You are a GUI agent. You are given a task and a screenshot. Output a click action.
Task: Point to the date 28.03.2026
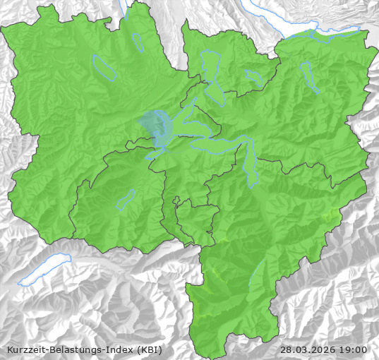pyautogui.click(x=308, y=349)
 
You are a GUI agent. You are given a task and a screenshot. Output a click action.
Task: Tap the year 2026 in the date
pyautogui.click(x=323, y=349)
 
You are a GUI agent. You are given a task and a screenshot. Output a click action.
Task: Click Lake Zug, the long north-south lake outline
pyautogui.click(x=211, y=73)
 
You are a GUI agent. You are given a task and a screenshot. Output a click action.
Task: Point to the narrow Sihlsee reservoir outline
pyautogui.click(x=308, y=76)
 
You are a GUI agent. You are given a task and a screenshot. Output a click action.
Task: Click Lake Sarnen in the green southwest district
pyautogui.click(x=126, y=200)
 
